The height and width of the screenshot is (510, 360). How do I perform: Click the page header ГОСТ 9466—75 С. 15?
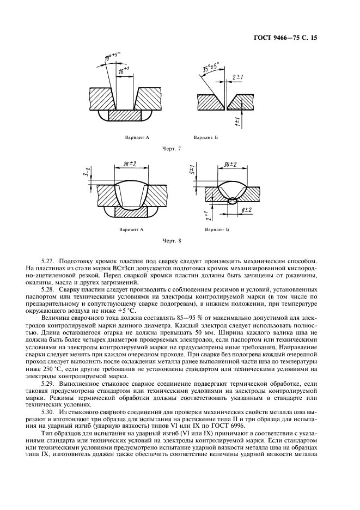(285, 38)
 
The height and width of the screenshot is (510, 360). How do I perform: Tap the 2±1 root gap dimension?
(239, 77)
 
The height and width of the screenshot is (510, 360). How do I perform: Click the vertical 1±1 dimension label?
(238, 121)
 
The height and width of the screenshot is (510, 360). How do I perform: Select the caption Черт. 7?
(172, 149)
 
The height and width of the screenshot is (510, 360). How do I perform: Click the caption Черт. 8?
(172, 241)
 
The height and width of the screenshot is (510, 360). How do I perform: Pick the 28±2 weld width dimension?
(129, 165)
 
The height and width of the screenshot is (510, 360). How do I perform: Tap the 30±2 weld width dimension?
(230, 165)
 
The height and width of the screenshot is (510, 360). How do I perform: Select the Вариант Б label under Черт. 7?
(206, 138)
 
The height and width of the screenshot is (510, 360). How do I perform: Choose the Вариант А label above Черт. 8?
(132, 229)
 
